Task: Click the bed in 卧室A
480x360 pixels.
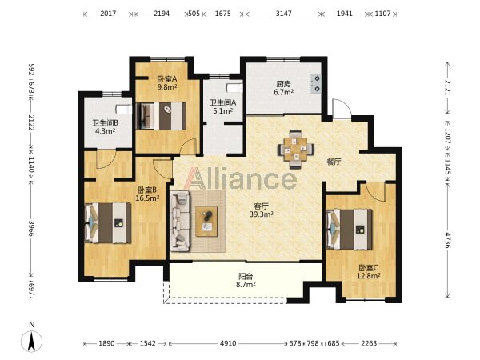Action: click(161, 116)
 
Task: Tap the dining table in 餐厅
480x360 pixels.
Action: click(296, 150)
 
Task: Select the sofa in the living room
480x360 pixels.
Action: click(181, 221)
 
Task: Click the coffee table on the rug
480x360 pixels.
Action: click(206, 222)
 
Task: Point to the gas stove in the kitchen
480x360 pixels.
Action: click(315, 83)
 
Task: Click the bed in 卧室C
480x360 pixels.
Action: click(350, 230)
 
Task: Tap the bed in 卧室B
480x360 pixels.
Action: click(108, 223)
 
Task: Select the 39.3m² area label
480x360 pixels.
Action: click(261, 214)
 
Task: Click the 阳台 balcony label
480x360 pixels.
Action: click(246, 277)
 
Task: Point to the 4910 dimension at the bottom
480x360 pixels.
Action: click(228, 343)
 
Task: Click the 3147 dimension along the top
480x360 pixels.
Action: click(283, 14)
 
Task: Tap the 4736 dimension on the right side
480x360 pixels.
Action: click(448, 240)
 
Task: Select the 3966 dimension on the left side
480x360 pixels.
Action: click(31, 228)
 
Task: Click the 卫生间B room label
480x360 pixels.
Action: click(106, 123)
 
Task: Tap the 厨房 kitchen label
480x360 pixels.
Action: click(284, 84)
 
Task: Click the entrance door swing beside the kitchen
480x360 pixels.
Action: click(342, 109)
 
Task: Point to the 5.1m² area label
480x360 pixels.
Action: click(223, 111)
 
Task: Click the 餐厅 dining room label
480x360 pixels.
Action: click(334, 162)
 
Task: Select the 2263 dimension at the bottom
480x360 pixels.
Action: click(369, 343)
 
